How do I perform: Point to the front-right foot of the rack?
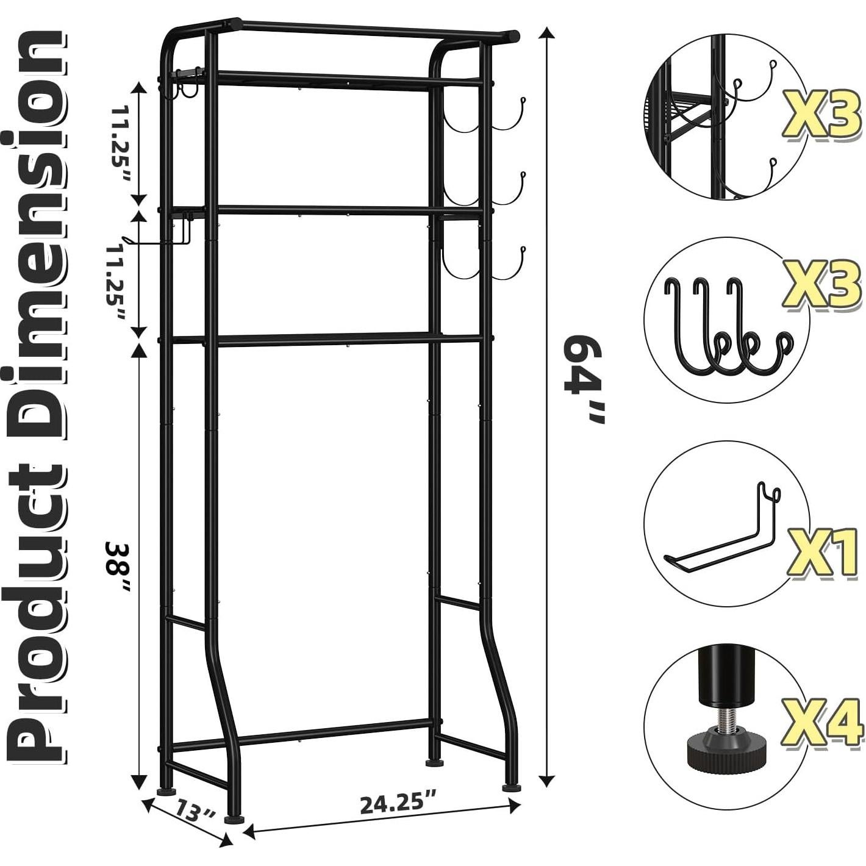point(512,786)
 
